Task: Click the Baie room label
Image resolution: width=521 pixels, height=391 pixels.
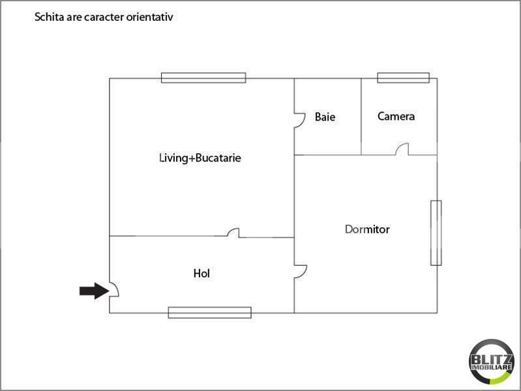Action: coord(325,117)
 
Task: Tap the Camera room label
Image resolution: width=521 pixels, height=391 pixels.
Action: coord(396,116)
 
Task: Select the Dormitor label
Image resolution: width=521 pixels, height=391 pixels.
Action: coord(367,229)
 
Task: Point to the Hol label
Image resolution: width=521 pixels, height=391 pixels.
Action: coord(201,274)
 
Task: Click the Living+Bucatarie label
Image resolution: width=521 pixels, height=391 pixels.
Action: coord(200,158)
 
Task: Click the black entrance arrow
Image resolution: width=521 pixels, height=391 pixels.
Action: coord(94,291)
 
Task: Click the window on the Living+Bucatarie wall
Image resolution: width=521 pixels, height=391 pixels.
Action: coord(203,78)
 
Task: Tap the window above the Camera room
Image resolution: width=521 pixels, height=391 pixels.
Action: coord(404,78)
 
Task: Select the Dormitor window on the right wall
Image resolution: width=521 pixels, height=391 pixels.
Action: coord(436,233)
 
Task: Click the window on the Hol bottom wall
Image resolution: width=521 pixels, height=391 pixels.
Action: coord(210,313)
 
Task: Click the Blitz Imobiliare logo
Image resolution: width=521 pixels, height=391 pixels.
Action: coord(492,362)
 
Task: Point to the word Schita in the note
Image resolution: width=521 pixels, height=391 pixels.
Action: coord(50,17)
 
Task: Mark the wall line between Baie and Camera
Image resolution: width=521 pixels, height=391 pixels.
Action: coord(361,117)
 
